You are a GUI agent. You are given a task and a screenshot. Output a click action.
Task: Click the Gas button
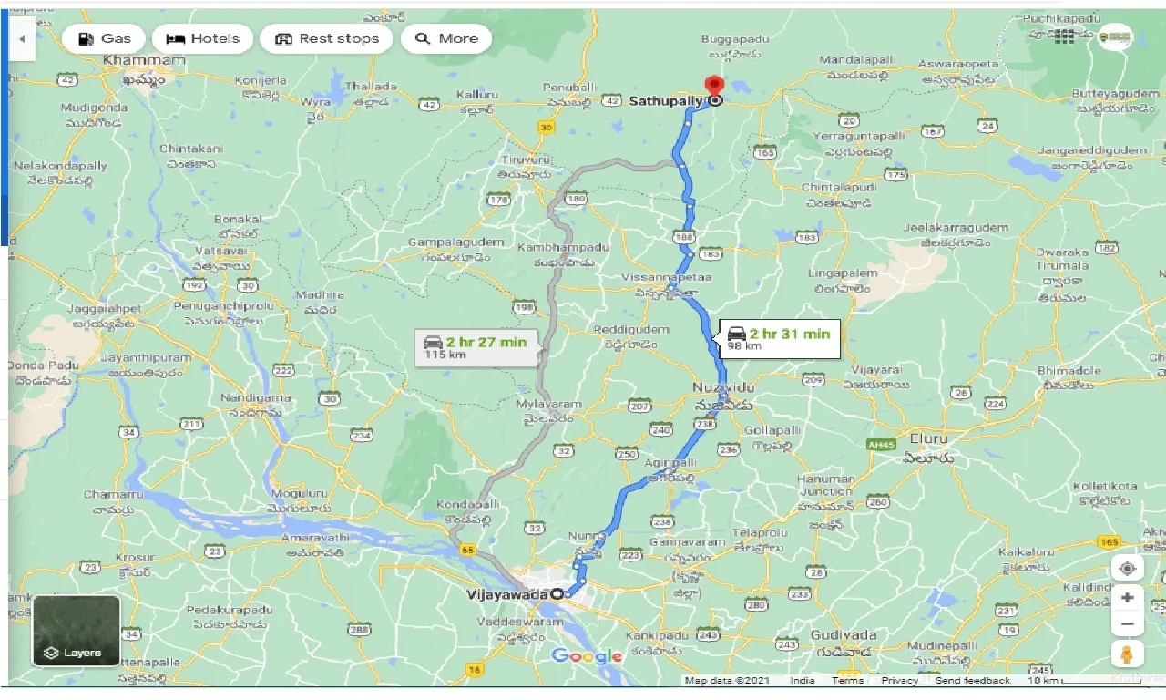pyautogui.click(x=105, y=38)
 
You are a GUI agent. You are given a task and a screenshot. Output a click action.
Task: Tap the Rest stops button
pyautogui.click(x=326, y=38)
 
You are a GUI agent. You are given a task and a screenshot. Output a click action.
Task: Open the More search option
pyautogui.click(x=446, y=38)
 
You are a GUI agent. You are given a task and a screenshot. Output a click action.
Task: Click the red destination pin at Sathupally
pyautogui.click(x=715, y=89)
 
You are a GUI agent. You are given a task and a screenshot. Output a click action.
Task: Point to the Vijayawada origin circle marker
pyautogui.click(x=557, y=594)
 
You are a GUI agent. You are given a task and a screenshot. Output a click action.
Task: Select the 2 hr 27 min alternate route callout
pyautogui.click(x=476, y=346)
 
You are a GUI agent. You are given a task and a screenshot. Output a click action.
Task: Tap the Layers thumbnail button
pyautogui.click(x=77, y=631)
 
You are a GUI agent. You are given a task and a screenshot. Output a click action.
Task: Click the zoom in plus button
pyautogui.click(x=1128, y=597)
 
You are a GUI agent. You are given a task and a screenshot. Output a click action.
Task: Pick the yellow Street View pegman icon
pyautogui.click(x=1128, y=654)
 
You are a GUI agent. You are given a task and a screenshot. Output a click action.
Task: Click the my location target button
pyautogui.click(x=1128, y=569)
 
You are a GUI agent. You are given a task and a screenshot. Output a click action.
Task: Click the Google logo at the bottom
pyautogui.click(x=588, y=656)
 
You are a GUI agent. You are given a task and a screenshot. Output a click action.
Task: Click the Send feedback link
pyautogui.click(x=972, y=681)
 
